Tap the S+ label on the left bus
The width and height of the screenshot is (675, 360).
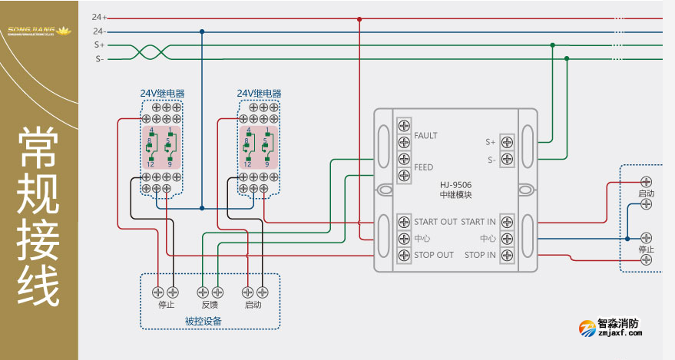100,45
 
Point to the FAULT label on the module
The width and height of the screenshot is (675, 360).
425,136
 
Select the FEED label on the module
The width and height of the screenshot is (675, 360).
423,167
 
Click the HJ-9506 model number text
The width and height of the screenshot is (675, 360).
456,185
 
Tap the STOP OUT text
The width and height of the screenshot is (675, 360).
434,255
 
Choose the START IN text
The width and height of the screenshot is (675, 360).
478,222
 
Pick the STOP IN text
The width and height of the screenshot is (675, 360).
480,255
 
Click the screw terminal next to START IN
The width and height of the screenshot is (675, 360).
507,222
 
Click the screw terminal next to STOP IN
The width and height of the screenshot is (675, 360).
507,255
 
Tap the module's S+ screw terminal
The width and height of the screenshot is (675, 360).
507,142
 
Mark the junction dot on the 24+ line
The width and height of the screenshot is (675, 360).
359,18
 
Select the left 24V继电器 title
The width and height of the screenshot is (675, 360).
162,93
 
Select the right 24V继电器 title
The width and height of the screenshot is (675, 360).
259,93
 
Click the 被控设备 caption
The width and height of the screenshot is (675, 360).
203,321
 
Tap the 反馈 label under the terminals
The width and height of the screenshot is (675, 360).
209,305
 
